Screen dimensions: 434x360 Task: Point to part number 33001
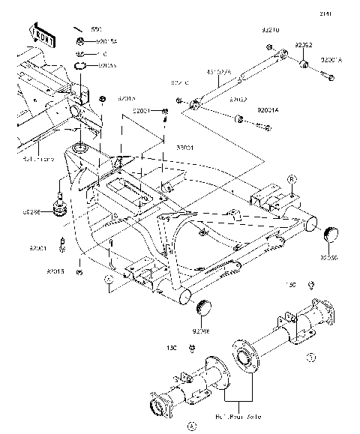[164, 148]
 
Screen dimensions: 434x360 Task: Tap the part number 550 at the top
[95, 28]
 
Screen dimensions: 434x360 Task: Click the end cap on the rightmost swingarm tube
[328, 235]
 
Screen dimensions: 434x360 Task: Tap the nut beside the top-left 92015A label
[79, 42]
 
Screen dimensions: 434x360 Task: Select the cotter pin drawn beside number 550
[77, 28]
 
